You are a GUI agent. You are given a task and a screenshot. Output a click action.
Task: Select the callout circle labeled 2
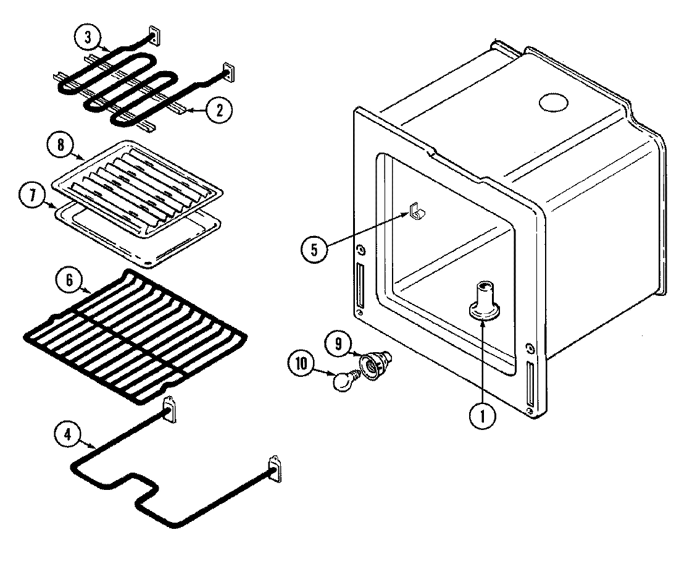point(219,110)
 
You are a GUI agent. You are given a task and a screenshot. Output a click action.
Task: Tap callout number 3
point(88,37)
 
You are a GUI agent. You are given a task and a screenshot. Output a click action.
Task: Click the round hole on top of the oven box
point(554,103)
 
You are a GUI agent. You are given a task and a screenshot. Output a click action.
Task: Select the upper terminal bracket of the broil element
point(154,36)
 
